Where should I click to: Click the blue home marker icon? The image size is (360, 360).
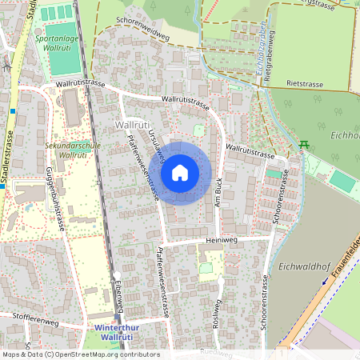coord(180,173)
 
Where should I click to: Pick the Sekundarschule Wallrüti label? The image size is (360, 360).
coord(66,150)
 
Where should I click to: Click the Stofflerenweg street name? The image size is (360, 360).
coord(36,322)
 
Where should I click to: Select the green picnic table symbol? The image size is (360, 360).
coord(304,145)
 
